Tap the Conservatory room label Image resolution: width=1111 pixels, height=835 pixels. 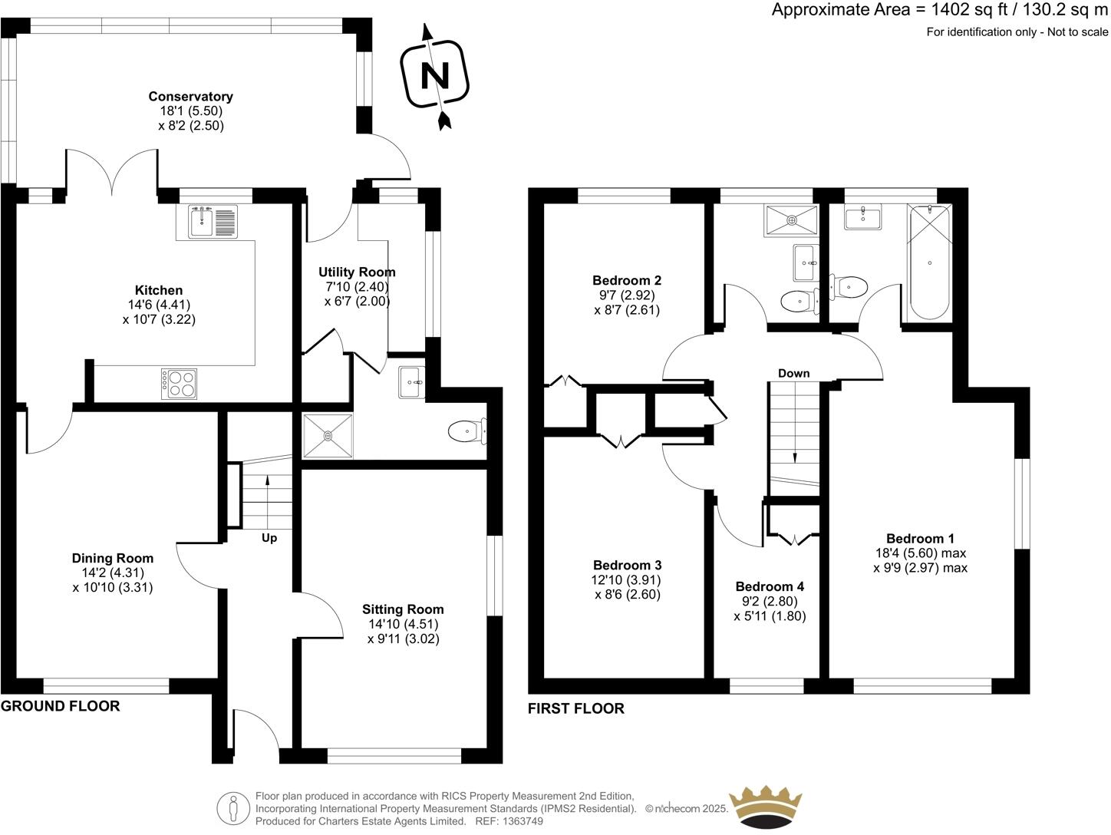coord(190,97)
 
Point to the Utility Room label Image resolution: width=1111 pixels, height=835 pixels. coord(357,272)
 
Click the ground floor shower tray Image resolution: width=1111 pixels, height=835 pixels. coord(328,436)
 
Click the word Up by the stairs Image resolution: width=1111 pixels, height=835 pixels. coord(269,538)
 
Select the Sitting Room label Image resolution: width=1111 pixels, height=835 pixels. coord(403,609)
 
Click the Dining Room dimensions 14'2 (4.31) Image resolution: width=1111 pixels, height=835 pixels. coord(113,573)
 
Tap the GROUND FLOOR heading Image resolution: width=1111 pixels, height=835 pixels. coord(61,706)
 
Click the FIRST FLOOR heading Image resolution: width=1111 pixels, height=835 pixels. coord(575,708)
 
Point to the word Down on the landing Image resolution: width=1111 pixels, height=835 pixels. coord(793,373)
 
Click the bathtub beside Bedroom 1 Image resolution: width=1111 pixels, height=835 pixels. coord(929,262)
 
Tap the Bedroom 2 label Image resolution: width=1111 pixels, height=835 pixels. coord(626,280)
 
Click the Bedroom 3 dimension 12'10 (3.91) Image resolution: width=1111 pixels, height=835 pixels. coord(627,580)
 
